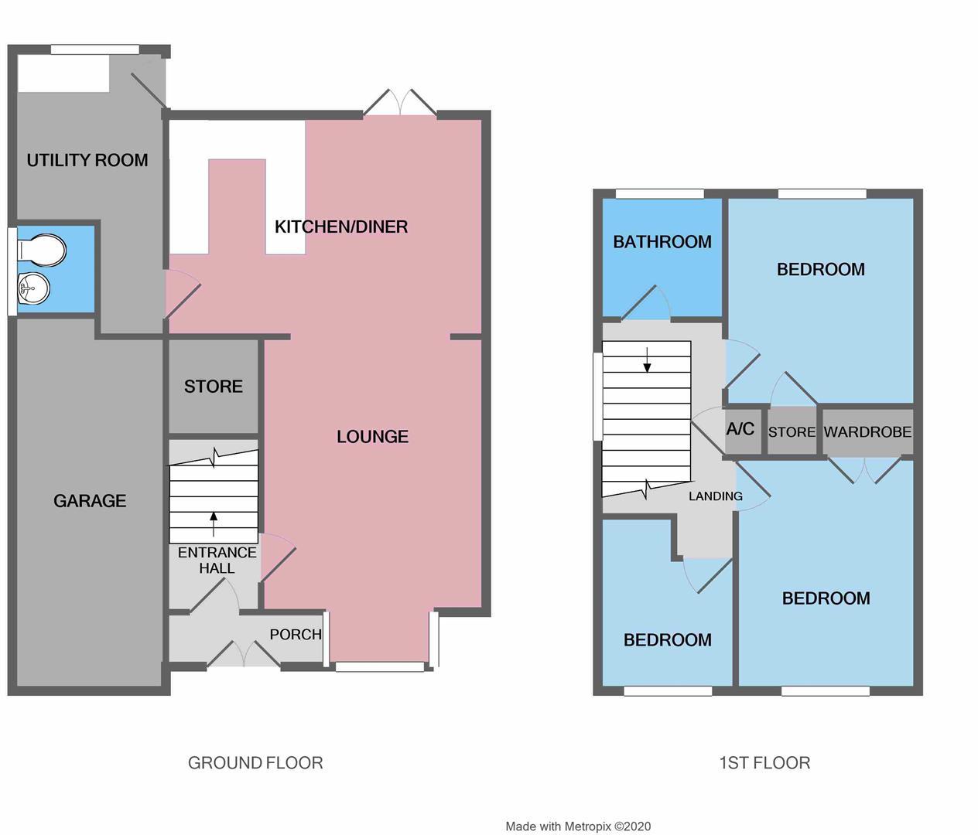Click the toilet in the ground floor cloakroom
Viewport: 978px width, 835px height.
point(42,250)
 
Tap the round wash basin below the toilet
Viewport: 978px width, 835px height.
point(34,287)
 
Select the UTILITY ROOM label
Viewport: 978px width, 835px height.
point(87,160)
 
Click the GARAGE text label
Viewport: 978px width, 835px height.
point(90,501)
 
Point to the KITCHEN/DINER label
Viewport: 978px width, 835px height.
point(341,227)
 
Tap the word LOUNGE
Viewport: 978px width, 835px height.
point(372,436)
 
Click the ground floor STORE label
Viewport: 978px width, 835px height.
point(214,387)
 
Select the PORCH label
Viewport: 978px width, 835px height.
point(296,635)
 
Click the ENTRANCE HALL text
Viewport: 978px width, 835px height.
point(217,561)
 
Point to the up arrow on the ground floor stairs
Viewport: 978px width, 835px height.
point(214,524)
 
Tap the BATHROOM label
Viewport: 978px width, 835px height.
point(662,242)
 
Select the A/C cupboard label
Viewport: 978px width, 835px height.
point(740,429)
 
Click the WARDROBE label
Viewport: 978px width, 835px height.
point(868,431)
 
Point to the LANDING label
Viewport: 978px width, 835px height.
point(716,496)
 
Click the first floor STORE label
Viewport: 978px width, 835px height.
point(792,432)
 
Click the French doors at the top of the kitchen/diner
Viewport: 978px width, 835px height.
point(400,102)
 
